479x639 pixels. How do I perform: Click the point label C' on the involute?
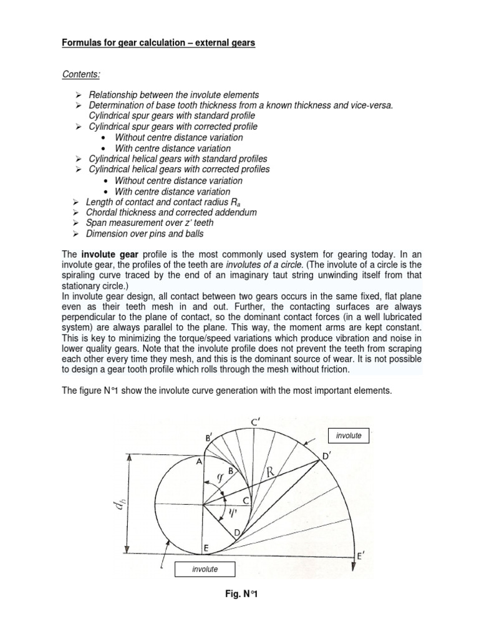click(254, 423)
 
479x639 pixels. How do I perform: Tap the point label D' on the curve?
click(325, 457)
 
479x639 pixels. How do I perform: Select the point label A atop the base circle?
click(199, 462)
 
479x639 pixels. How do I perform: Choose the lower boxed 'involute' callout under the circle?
click(205, 568)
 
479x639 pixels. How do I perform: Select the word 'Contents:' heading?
click(81, 74)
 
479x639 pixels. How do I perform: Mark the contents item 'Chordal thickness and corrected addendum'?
click(171, 212)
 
